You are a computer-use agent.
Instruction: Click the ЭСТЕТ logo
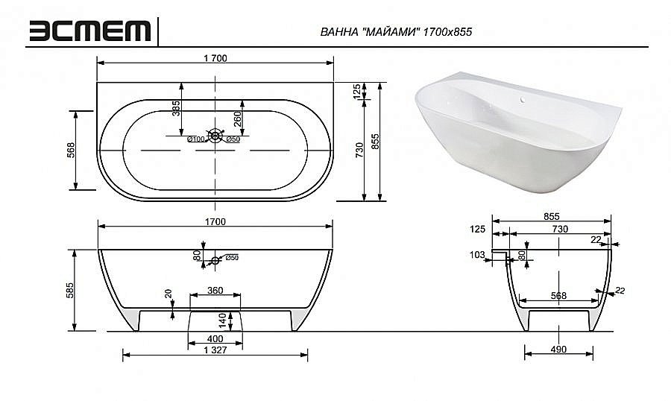coord(90,31)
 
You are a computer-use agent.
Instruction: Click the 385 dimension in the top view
coord(177,109)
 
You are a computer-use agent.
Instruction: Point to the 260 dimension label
coord(238,119)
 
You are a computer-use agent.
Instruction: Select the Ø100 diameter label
coord(195,139)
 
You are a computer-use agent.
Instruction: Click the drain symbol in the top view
coord(215,135)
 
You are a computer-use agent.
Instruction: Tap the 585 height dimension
coord(68,289)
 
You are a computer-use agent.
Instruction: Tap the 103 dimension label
coord(478,255)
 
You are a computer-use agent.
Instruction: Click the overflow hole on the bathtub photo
coord(523,98)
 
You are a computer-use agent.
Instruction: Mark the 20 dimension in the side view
coord(169,295)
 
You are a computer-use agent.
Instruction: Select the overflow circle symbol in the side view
coord(215,260)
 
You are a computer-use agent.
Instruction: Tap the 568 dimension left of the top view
coord(68,150)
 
